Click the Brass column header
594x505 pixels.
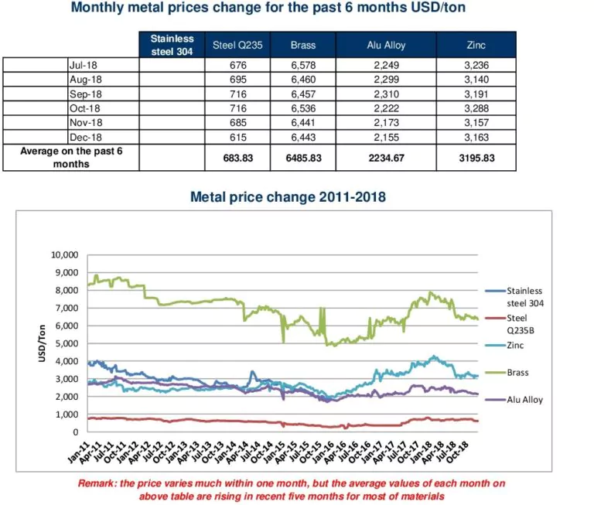[302, 45]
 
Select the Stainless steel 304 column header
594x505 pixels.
[172, 45]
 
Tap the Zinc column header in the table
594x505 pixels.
[476, 45]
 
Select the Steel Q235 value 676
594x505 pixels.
[234, 65]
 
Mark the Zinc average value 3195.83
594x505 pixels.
[476, 158]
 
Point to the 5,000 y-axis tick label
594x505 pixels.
[67, 343]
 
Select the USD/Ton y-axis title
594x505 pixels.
[44, 343]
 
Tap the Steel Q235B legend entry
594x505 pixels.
[520, 322]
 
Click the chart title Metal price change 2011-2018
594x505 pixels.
[288, 197]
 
